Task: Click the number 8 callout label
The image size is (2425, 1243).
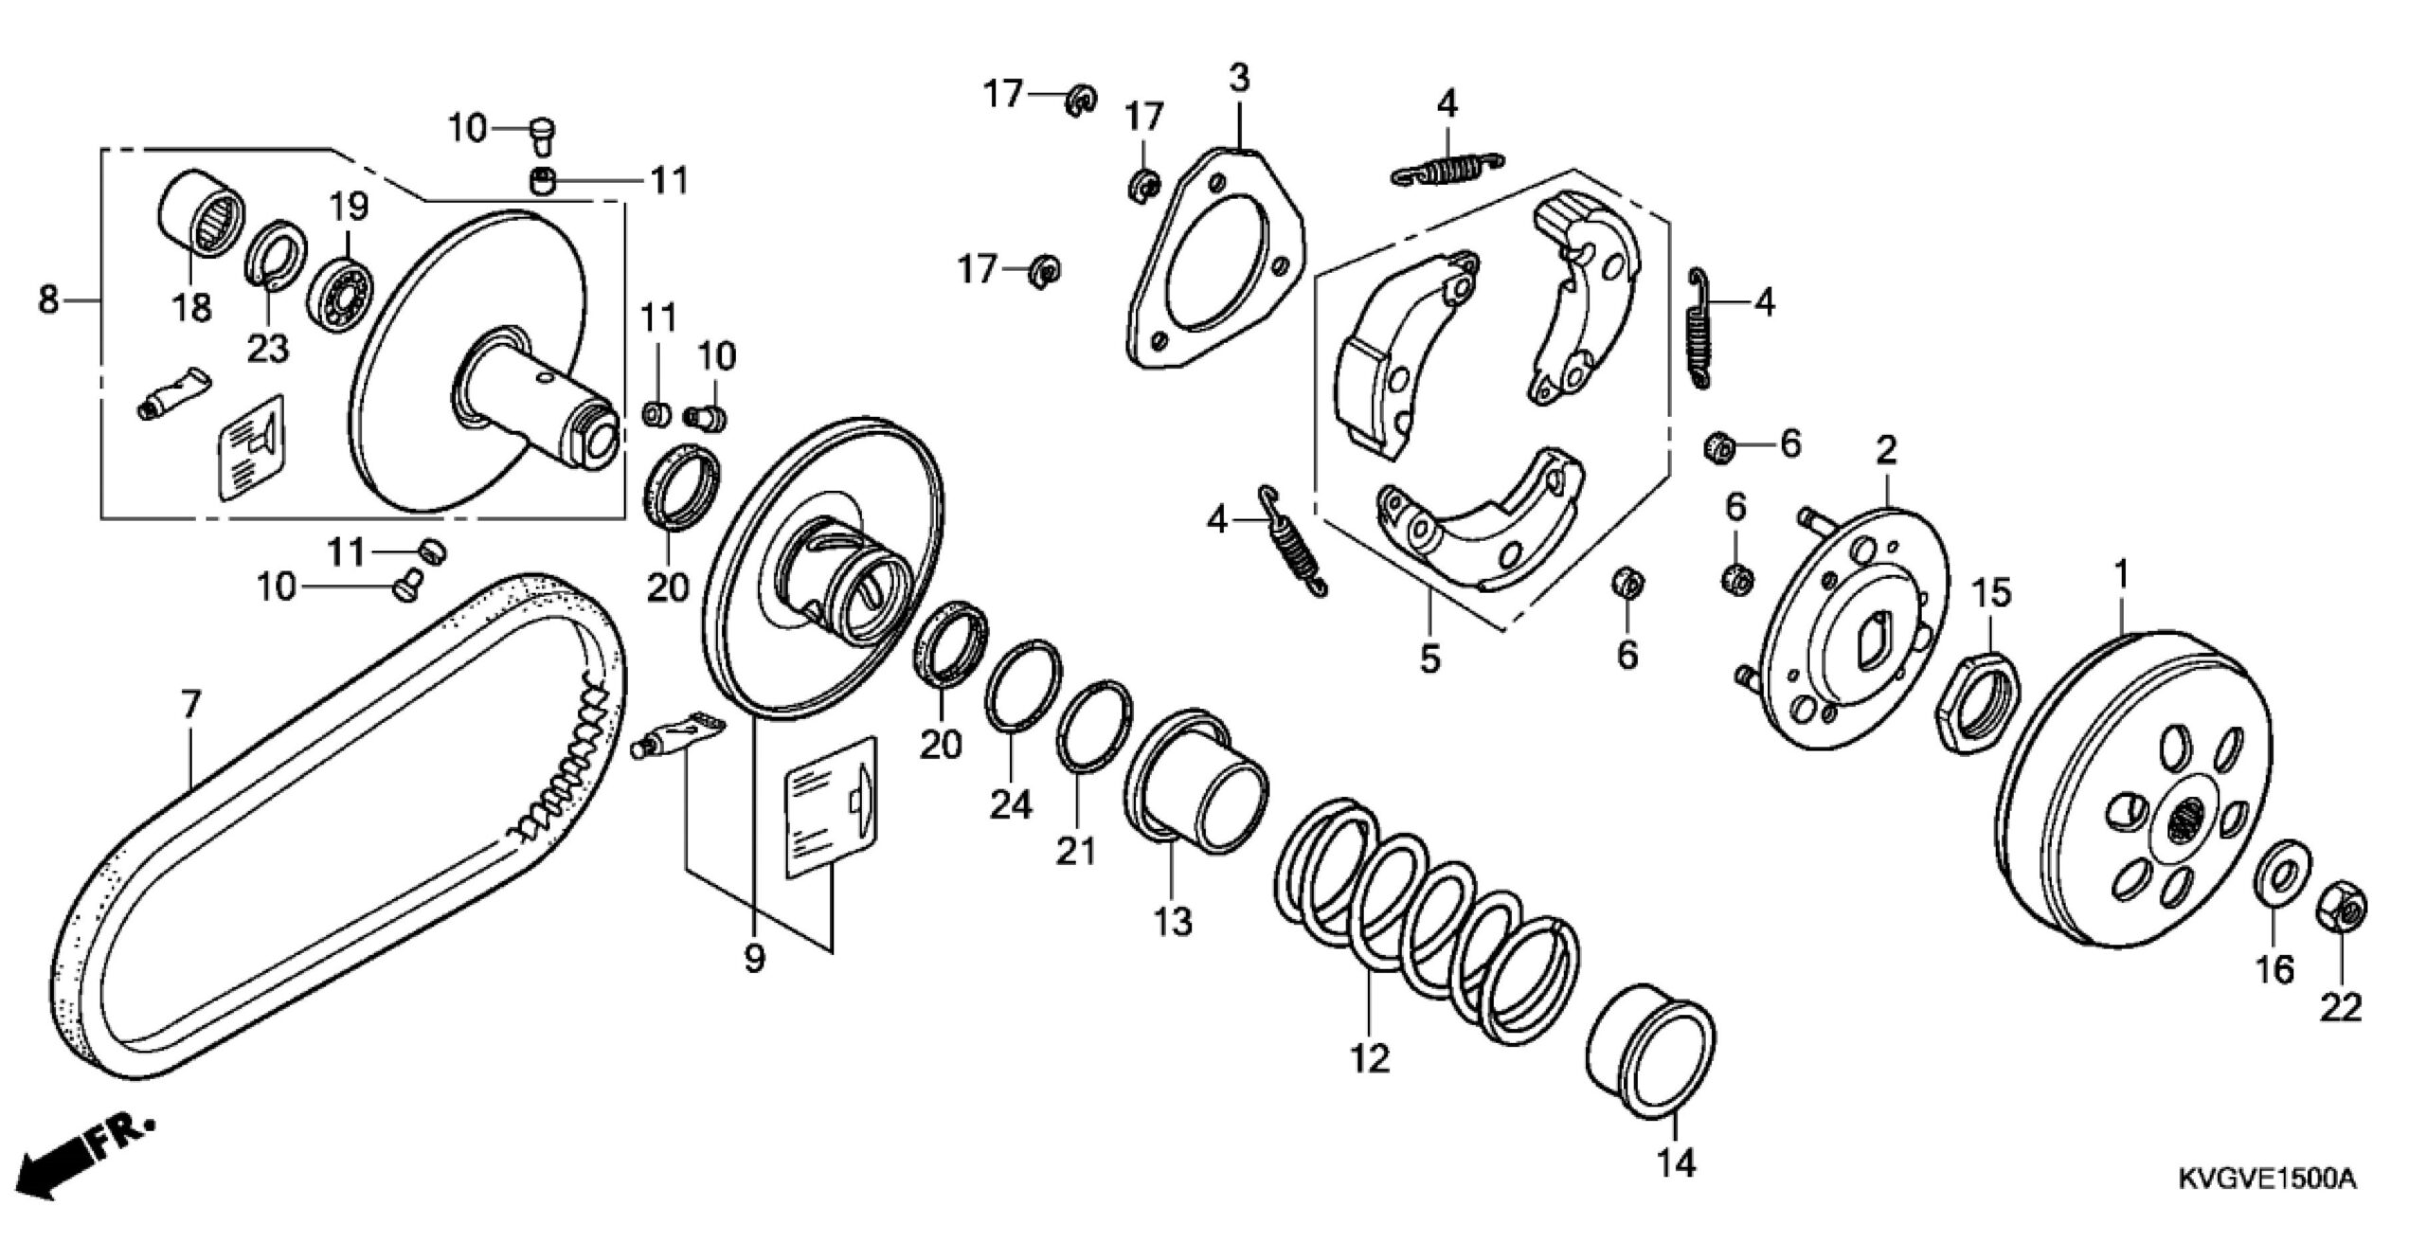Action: point(47,300)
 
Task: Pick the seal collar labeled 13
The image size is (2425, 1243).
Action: point(1195,772)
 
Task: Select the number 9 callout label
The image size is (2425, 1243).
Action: point(754,960)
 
